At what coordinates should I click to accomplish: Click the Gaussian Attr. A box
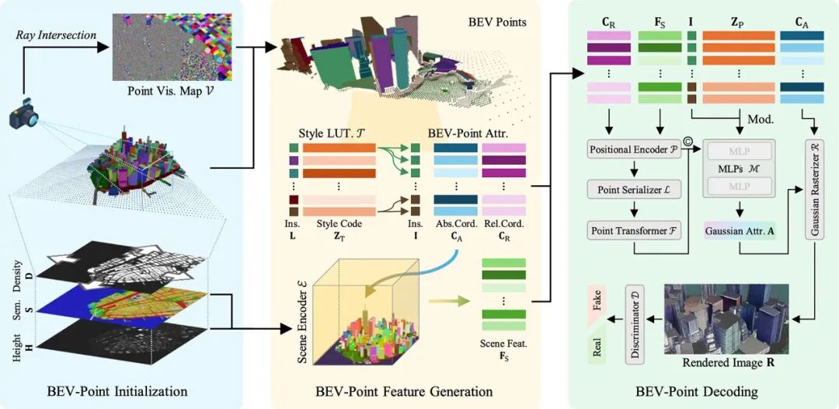[741, 230]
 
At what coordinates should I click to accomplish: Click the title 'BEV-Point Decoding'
[705, 390]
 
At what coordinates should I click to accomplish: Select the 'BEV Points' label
[497, 22]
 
